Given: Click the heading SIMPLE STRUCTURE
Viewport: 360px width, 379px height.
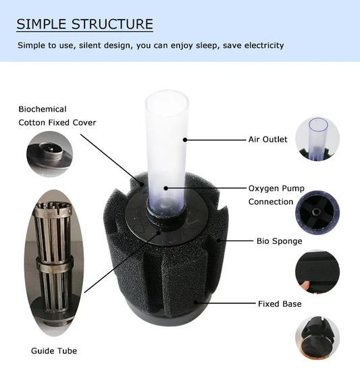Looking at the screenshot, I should pyautogui.click(x=84, y=25).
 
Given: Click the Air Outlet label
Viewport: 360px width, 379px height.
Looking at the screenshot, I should pyautogui.click(x=267, y=139).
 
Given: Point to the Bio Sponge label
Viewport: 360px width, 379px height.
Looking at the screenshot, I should pyautogui.click(x=279, y=240).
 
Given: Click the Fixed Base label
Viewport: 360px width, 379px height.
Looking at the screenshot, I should pyautogui.click(x=280, y=304).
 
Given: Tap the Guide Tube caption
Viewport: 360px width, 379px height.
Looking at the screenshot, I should pyautogui.click(x=54, y=351).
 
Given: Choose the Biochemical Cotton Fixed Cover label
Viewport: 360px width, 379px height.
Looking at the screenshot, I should pyautogui.click(x=57, y=116).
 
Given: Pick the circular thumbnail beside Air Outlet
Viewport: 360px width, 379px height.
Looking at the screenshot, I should pyautogui.click(x=317, y=139).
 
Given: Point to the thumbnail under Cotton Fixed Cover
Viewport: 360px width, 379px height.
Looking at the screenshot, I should pyautogui.click(x=49, y=155).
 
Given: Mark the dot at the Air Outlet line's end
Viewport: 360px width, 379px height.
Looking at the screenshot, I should pyautogui.click(x=185, y=140).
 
